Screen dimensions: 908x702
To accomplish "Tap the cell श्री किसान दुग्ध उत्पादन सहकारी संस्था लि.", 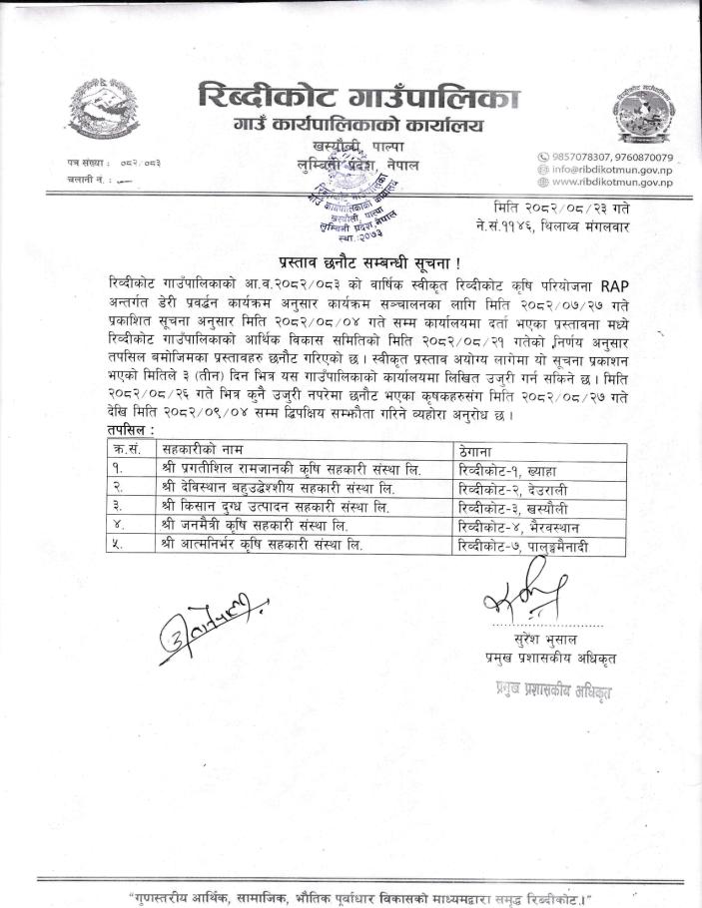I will [x=274, y=507].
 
